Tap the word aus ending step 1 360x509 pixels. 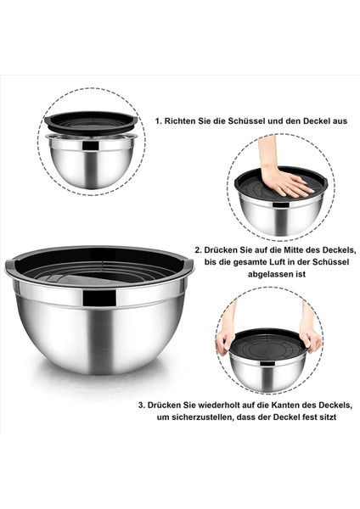click(339, 121)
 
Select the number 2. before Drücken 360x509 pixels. click(198, 250)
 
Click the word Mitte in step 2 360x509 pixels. click(288, 250)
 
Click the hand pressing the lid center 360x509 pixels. click(283, 178)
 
